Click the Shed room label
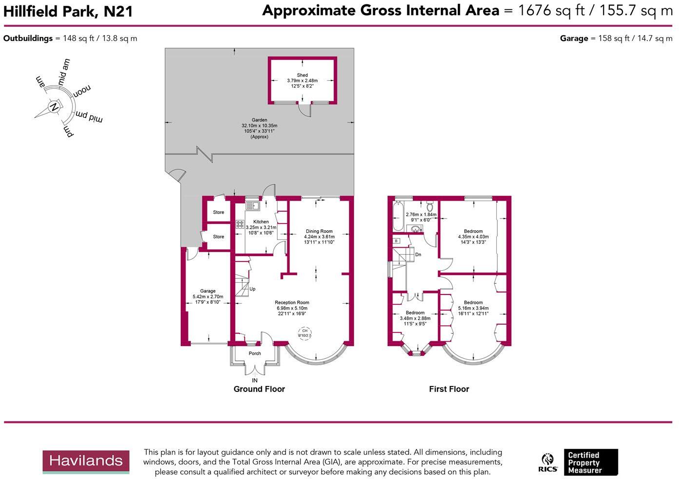pyautogui.click(x=302, y=75)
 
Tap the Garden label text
pyautogui.click(x=259, y=120)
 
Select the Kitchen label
pyautogui.click(x=261, y=221)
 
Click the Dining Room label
pyautogui.click(x=319, y=231)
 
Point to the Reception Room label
pyautogui.click(x=292, y=302)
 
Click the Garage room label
pyautogui.click(x=207, y=291)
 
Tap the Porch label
pyautogui.click(x=255, y=353)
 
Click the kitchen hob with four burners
pyautogui.click(x=240, y=224)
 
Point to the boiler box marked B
pyautogui.click(x=396, y=241)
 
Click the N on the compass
pyautogui.click(x=54, y=107)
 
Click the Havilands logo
pyautogui.click(x=86, y=461)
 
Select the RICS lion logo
pyautogui.click(x=548, y=462)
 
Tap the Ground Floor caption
pyautogui.click(x=259, y=389)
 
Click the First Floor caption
pyautogui.click(x=449, y=389)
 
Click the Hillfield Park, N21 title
pyautogui.click(x=68, y=11)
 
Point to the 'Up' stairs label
pyautogui.click(x=252, y=289)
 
